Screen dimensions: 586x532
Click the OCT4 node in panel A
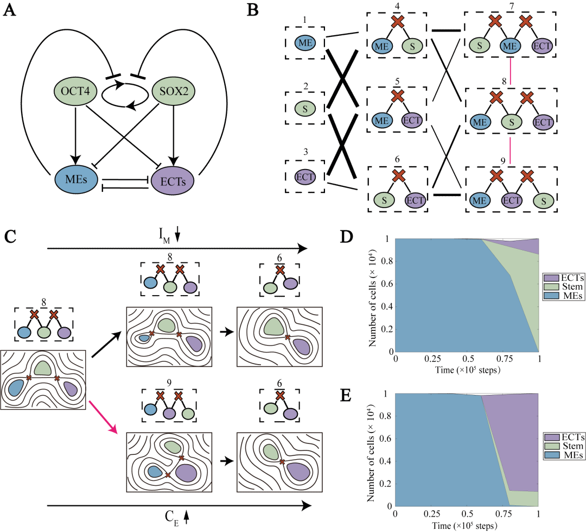(75, 91)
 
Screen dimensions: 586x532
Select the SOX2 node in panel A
(174, 91)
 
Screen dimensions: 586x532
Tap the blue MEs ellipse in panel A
(77, 179)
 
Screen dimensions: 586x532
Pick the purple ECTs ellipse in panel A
(173, 181)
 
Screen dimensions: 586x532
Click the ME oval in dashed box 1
(305, 43)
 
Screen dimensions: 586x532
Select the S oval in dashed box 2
(305, 109)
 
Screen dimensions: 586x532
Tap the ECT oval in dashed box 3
(305, 177)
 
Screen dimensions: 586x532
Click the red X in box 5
(397, 96)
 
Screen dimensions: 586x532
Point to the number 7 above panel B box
(512, 7)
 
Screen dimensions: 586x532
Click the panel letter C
(10, 236)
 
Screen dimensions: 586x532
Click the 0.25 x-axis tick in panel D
(432, 359)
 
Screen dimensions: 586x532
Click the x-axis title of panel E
(464, 525)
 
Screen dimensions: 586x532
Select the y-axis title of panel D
(372, 296)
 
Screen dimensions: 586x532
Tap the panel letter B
(253, 10)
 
